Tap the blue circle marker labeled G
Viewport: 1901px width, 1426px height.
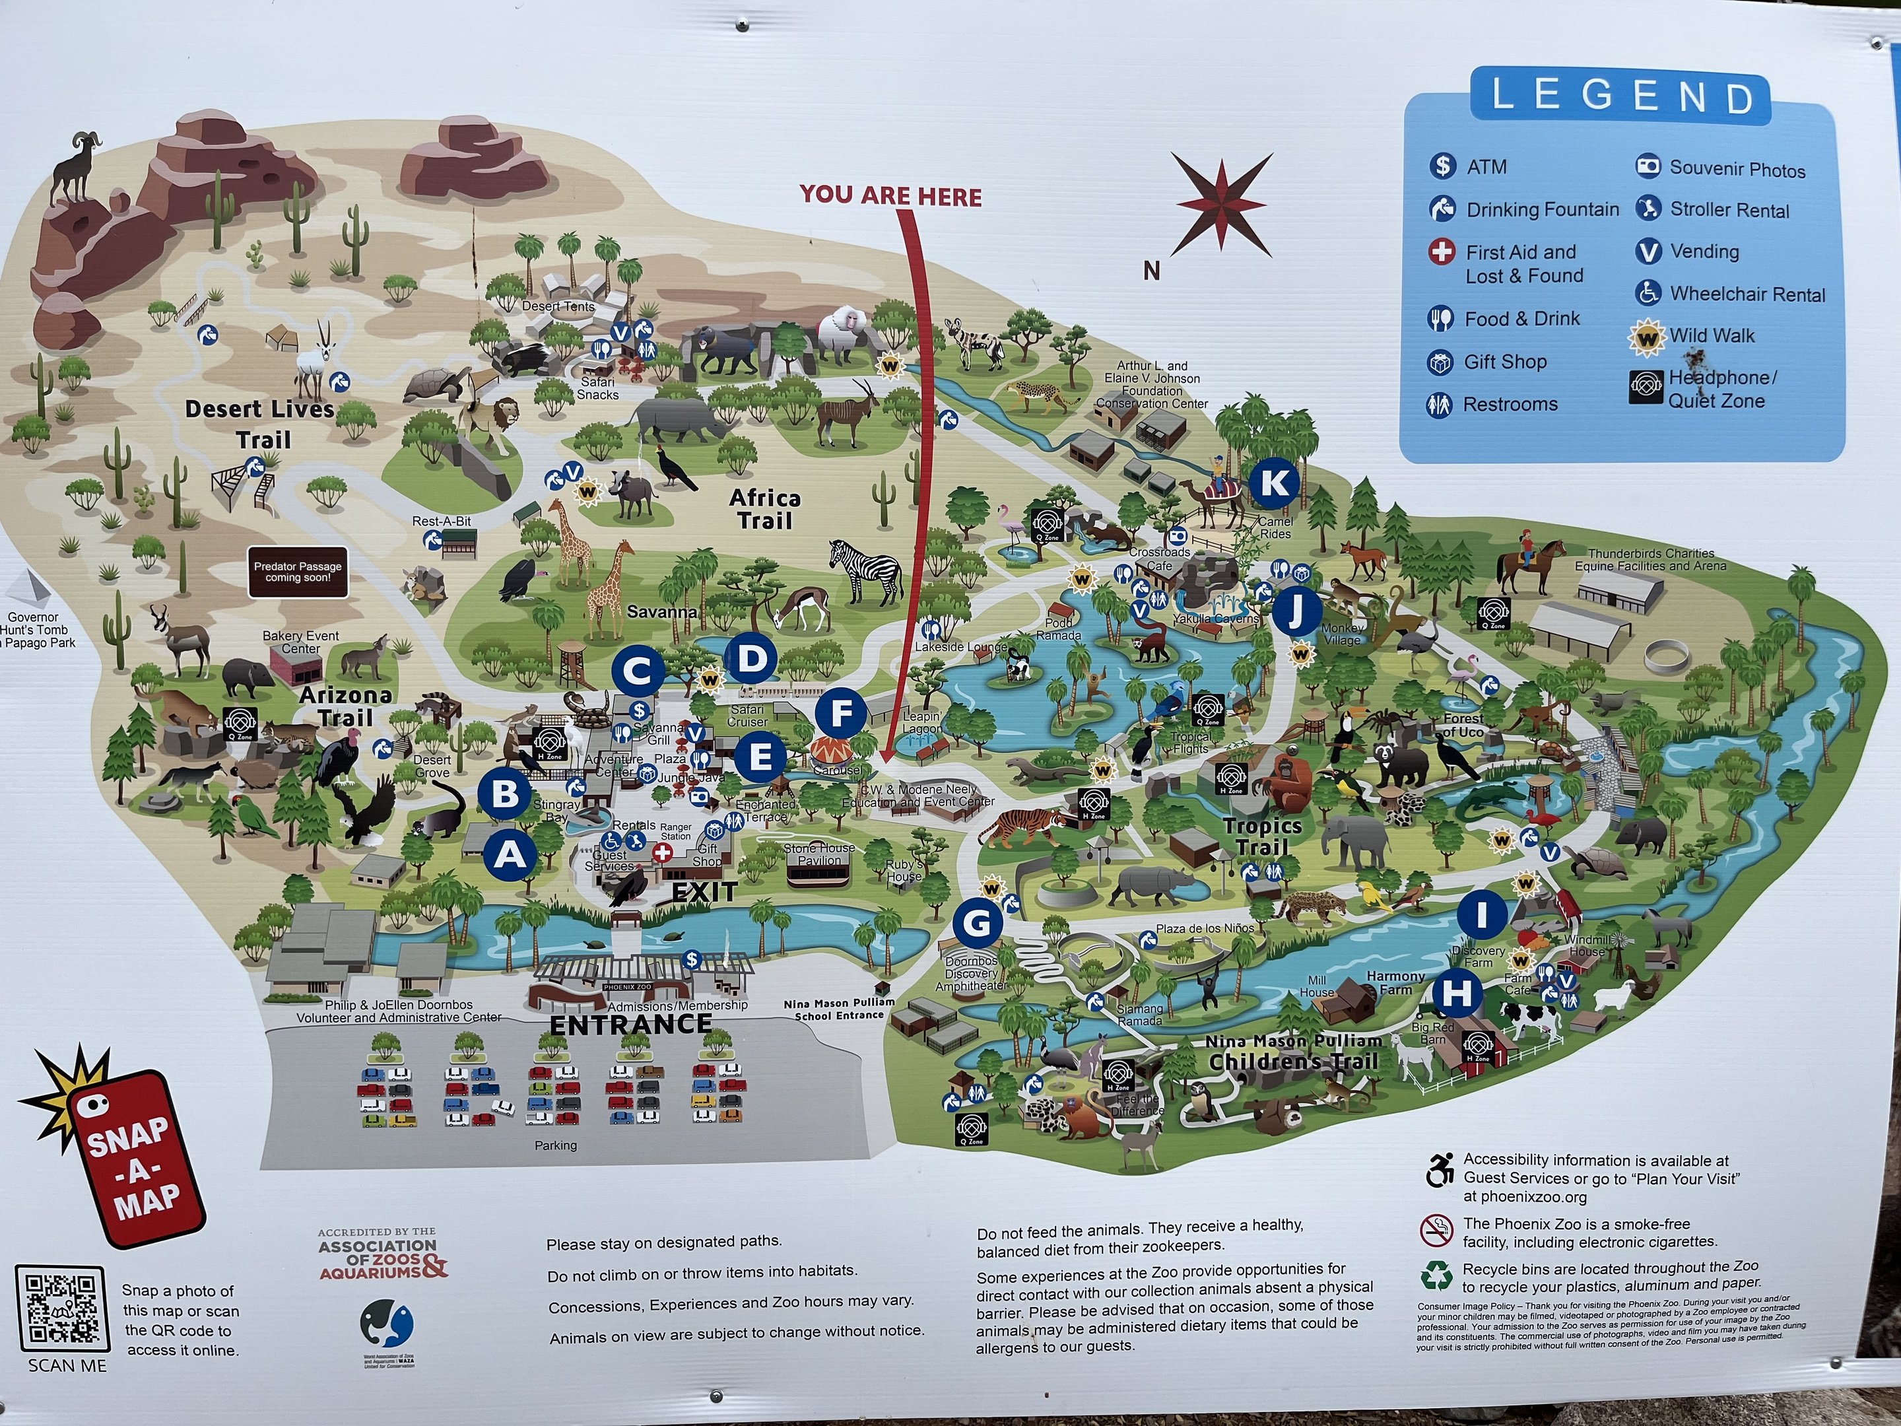(977, 924)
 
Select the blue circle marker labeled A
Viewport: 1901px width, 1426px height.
(510, 855)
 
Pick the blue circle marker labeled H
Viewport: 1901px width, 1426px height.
(1457, 994)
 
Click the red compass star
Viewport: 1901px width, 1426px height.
(1221, 205)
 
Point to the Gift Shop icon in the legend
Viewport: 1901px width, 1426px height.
(1440, 362)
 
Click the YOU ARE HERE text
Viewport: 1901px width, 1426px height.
(890, 196)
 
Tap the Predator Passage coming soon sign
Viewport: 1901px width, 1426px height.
(297, 572)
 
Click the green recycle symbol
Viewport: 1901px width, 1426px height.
(1436, 1276)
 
